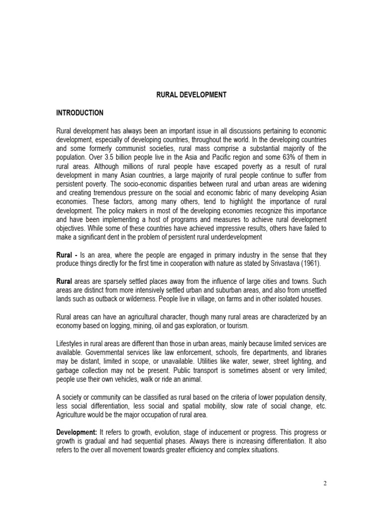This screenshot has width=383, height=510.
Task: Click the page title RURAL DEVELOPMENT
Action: click(x=191, y=95)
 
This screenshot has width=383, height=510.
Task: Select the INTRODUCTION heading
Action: click(x=80, y=113)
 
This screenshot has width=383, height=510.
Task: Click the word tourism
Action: click(x=234, y=326)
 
